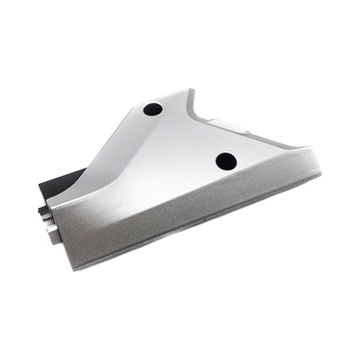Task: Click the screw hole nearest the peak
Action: click(153, 109)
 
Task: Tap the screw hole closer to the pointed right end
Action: click(226, 161)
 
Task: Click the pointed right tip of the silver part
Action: click(319, 171)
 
